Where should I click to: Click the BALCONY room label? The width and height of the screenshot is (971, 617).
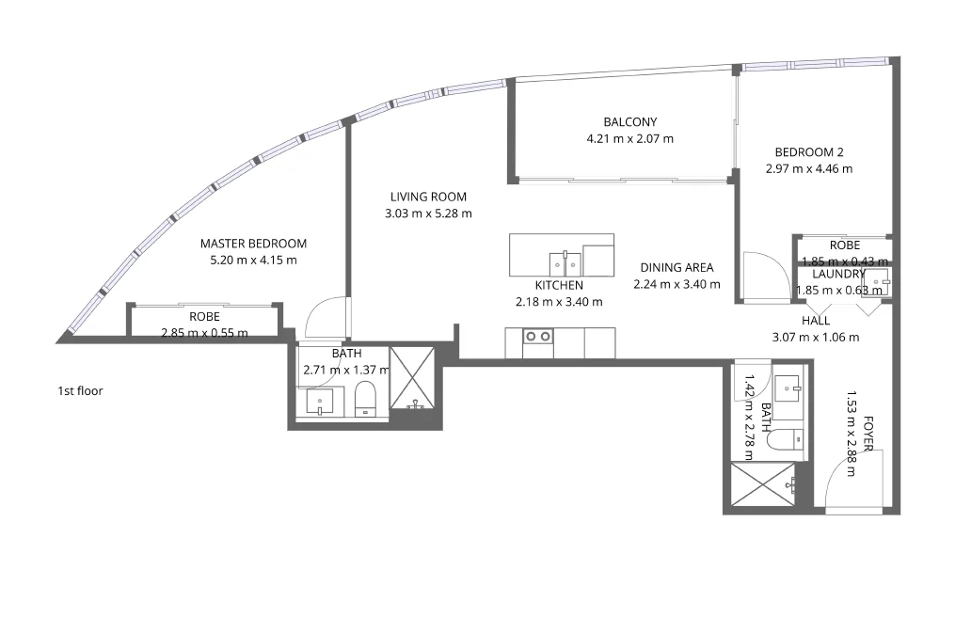point(629,121)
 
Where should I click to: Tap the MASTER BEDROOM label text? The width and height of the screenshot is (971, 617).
point(253,244)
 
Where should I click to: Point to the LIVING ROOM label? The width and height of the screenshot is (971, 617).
point(428,197)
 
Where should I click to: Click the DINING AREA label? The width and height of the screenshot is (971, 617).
point(676,267)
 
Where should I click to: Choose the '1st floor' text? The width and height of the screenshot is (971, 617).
point(80,390)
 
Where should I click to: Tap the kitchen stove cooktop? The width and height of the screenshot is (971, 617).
point(537,337)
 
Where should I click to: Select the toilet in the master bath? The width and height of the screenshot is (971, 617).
point(366,399)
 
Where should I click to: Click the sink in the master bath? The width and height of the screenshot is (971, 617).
point(320,402)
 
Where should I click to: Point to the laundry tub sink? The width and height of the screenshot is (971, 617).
point(876,282)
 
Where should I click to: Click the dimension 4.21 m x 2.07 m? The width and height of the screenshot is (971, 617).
point(629,138)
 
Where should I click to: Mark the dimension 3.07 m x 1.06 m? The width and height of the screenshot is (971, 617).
point(815,337)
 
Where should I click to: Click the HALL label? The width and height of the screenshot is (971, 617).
point(815,321)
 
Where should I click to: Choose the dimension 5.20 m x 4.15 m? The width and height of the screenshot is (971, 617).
point(253,260)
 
